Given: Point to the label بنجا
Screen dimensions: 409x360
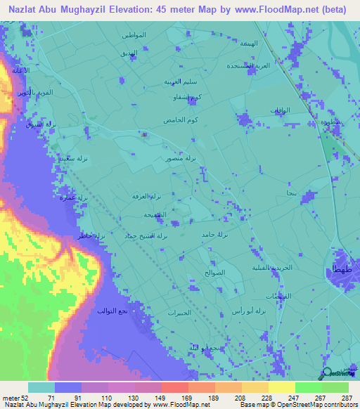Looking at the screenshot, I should (290, 193).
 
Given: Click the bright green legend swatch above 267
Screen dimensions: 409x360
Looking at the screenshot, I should (308, 387).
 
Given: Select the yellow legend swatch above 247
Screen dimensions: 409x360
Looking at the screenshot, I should (281, 387).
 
